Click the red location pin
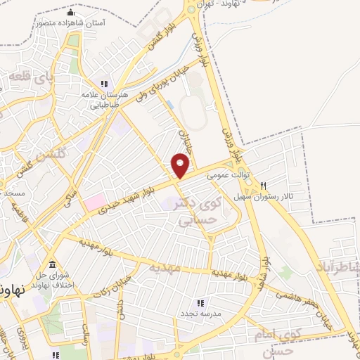coord(181,164)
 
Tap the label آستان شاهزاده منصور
coord(69,22)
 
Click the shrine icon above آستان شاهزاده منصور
coord(69,13)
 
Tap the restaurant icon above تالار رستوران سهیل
coord(263,186)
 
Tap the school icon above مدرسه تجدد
coord(200,302)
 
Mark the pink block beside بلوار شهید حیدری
coord(94,202)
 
